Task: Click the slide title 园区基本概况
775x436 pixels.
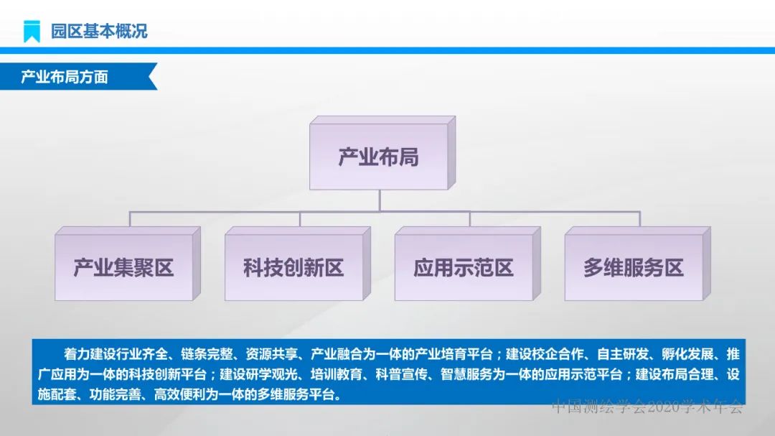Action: click(99, 31)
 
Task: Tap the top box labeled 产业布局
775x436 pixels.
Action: click(378, 157)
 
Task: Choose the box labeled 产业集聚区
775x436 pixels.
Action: click(123, 268)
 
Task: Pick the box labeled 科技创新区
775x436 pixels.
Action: click(293, 268)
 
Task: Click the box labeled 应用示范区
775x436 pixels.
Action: click(464, 268)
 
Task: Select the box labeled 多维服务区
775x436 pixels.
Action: click(633, 268)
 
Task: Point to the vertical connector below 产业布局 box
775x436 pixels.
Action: click(380, 200)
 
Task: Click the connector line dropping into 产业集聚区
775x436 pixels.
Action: click(130, 219)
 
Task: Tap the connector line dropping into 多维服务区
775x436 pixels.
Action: click(639, 219)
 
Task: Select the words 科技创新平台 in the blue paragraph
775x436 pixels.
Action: click(170, 375)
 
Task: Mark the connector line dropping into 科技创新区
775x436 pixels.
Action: click(300, 219)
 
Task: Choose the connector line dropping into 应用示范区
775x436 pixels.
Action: click(470, 219)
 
